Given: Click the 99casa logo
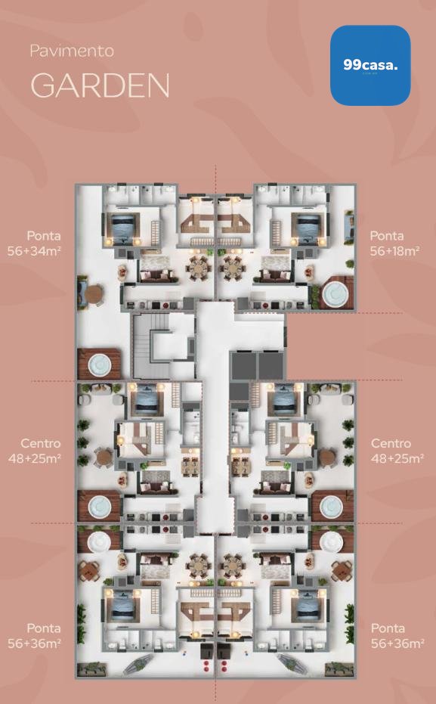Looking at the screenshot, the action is (370, 65).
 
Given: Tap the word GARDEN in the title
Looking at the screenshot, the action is (100, 85).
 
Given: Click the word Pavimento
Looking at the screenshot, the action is (72, 51).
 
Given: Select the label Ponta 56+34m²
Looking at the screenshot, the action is (35, 243).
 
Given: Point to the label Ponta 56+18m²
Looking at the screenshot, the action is (394, 243).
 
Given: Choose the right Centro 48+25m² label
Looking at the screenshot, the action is (397, 451).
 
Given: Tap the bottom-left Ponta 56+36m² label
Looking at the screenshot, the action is (35, 636).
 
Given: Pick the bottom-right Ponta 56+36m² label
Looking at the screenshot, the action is (397, 636).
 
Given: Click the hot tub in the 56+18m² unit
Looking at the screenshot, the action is (335, 293).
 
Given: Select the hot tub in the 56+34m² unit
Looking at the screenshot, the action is (100, 365).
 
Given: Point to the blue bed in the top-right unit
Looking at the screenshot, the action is (308, 229).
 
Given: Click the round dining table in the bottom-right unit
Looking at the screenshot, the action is (232, 566).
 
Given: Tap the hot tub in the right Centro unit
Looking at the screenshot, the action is (332, 507).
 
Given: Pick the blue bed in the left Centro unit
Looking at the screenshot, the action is (147, 399).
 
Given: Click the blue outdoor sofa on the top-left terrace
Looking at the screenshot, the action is (82, 293).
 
